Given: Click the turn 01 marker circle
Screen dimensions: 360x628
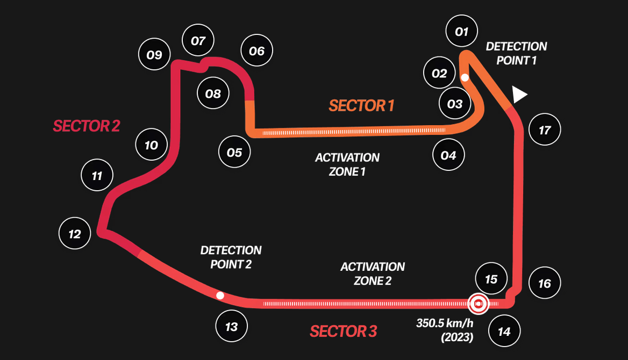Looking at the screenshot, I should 462,32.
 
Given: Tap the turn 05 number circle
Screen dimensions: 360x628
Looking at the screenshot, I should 234,153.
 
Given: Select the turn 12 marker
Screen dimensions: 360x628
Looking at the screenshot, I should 75,234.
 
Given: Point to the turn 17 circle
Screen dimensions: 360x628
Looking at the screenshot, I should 545,130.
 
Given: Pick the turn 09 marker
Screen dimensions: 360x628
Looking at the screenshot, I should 154,55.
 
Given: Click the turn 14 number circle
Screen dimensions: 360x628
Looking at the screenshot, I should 504,332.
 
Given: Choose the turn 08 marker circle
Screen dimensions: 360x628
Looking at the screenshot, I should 213,94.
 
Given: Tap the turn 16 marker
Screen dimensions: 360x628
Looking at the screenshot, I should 545,283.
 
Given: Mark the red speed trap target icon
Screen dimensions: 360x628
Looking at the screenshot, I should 478,304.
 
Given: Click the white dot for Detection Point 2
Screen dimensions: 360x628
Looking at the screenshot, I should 219,296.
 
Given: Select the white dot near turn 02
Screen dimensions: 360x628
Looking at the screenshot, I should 465,77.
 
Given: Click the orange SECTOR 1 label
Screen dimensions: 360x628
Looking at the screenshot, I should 361,106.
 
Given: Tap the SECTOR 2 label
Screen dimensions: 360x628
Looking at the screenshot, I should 86,126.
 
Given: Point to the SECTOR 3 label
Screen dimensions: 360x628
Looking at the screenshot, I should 343,332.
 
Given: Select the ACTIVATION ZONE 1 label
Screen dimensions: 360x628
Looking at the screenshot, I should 347,164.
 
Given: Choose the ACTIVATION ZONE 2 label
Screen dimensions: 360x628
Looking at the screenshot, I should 373,273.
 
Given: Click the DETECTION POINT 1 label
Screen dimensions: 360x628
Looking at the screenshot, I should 516,53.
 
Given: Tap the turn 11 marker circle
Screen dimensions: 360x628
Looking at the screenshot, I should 97,176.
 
